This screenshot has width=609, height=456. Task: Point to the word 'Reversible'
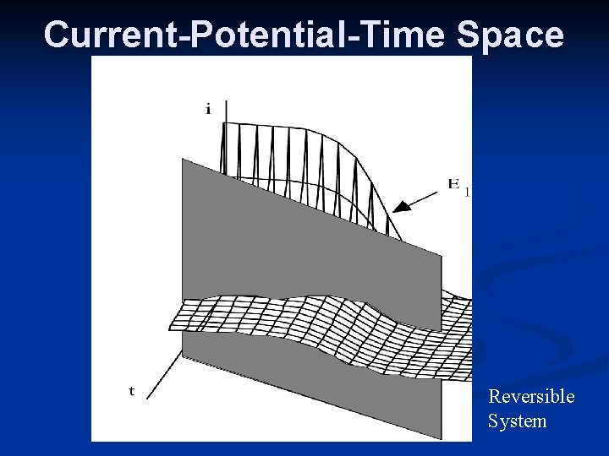[x=531, y=396]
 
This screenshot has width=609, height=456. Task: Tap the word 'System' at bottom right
[x=517, y=421]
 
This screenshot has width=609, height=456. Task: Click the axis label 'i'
[x=208, y=110]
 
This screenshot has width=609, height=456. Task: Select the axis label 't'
[x=131, y=390]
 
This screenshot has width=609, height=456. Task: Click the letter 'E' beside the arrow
[x=454, y=183]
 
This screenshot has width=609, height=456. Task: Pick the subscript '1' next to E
[x=467, y=192]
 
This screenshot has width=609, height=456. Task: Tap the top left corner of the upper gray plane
[x=183, y=160]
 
